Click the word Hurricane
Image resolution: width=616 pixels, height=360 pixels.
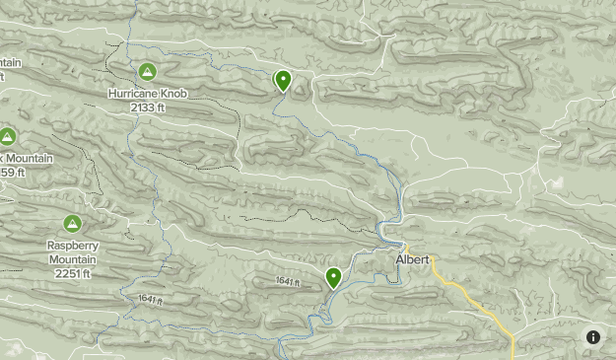tap(134, 95)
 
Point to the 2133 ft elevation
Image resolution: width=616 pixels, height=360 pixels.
tap(147, 107)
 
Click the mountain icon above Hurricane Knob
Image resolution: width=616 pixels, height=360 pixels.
tap(147, 72)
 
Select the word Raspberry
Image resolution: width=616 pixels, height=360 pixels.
tap(72, 247)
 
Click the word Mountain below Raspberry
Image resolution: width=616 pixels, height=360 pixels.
tap(72, 259)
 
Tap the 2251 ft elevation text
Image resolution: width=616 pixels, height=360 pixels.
tap(72, 272)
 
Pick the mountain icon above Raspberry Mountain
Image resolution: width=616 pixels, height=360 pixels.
tap(72, 224)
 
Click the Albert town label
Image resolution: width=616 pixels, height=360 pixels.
tap(412, 260)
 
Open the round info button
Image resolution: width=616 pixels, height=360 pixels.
tap(593, 337)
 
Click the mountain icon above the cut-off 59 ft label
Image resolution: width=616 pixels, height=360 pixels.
tap(8, 136)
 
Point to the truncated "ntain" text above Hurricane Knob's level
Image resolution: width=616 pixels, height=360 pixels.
tap(9, 62)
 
